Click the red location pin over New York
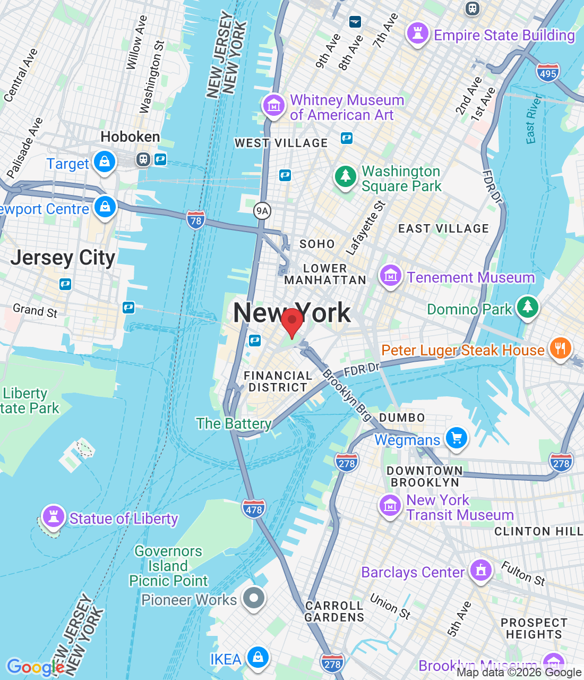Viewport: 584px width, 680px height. (291, 321)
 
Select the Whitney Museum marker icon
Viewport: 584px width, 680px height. (274, 106)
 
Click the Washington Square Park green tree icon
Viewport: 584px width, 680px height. (346, 176)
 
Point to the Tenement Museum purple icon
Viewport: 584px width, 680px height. (390, 276)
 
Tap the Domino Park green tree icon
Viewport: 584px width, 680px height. (527, 307)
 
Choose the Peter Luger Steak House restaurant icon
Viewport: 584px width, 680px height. (560, 349)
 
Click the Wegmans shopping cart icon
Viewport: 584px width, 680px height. (456, 438)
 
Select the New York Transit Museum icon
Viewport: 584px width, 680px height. (390, 505)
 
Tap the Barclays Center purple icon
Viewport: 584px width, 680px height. (480, 571)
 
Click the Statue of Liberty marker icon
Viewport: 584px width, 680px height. (53, 516)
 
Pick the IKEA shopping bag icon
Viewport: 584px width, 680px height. (257, 658)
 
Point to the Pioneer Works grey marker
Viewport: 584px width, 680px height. (253, 598)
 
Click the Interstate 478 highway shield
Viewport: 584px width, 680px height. (253, 509)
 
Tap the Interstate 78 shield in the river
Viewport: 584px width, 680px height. (195, 220)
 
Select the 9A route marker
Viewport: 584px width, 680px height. (262, 211)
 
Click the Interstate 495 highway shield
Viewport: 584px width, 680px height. (547, 73)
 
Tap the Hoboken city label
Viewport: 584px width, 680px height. (130, 137)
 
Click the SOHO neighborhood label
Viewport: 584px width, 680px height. (317, 244)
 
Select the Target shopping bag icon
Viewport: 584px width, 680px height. (105, 162)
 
